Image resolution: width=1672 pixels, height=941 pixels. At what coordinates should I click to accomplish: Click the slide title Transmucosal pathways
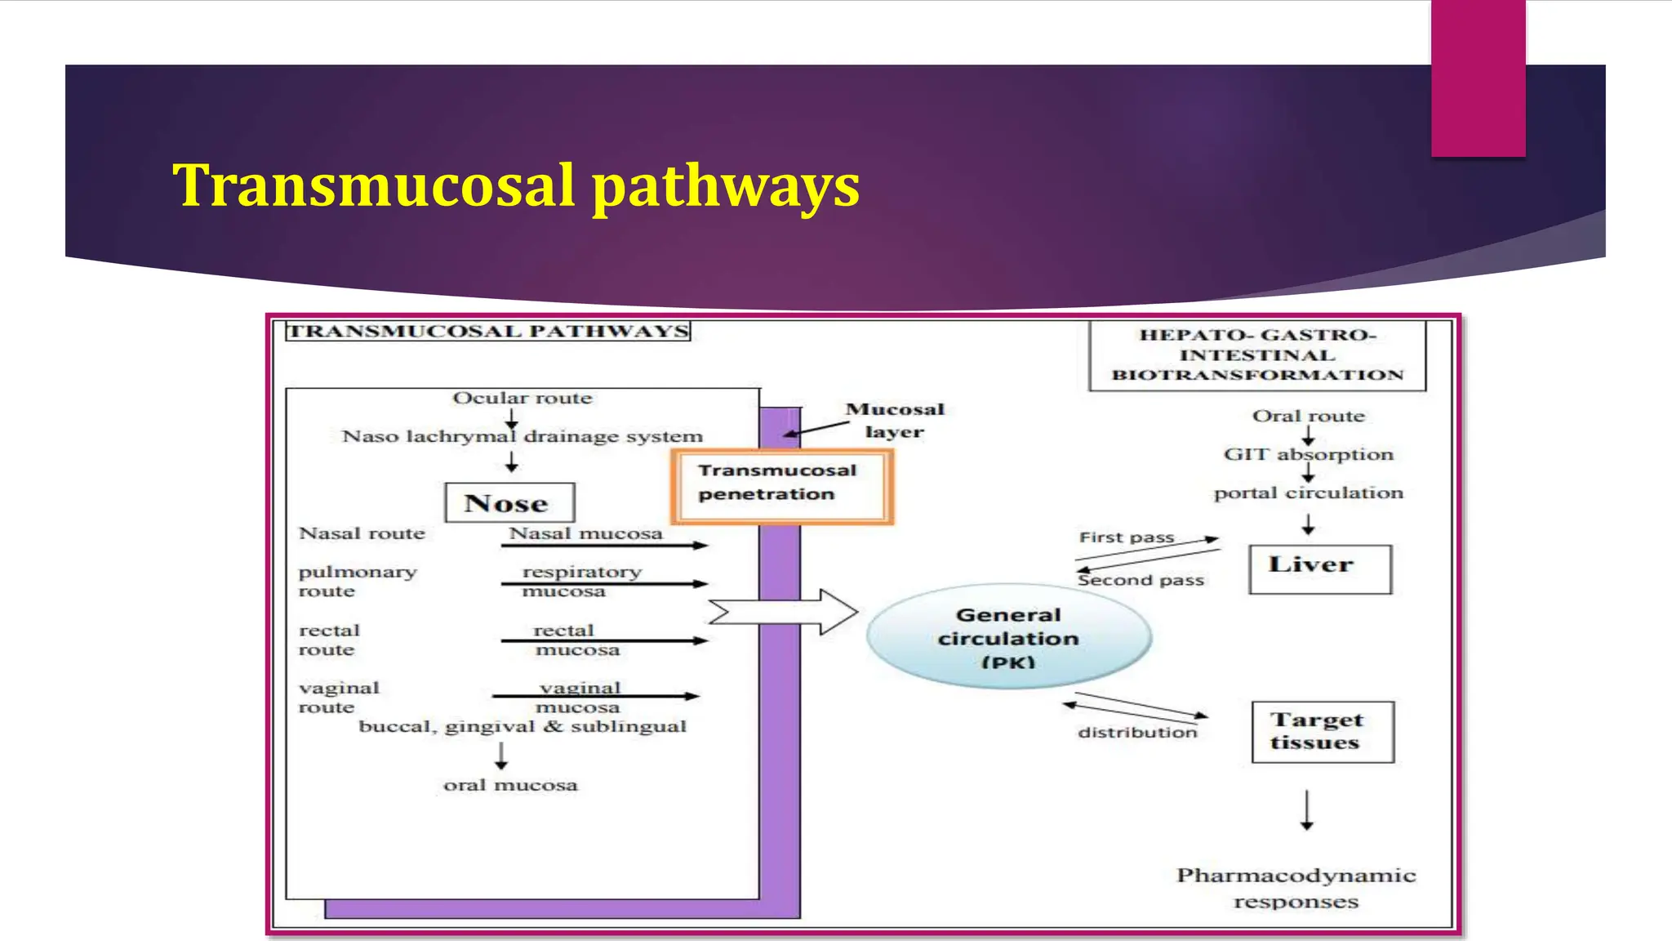[x=515, y=185]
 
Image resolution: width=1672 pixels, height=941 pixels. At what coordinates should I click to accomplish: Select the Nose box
[x=509, y=503]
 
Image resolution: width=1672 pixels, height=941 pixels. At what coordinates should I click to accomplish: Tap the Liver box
[x=1319, y=569]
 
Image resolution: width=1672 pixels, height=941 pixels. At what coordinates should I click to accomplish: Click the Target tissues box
[x=1322, y=732]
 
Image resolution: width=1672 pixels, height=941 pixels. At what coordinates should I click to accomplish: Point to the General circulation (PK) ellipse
[x=1008, y=637]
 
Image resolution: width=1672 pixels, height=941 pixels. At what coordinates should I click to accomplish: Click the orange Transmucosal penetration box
[x=781, y=486]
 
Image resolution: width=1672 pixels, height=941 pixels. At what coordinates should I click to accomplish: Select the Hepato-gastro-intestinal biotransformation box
[x=1257, y=355]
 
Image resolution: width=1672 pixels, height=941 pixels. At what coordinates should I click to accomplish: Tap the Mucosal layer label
[x=895, y=420]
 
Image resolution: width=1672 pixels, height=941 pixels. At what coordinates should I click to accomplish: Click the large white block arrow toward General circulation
[x=782, y=612]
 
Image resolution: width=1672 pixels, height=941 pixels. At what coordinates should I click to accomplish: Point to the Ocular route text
[x=522, y=398]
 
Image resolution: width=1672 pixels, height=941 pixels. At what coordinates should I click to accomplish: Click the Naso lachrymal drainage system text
[x=522, y=436]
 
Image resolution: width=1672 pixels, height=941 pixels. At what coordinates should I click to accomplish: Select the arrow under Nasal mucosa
[x=604, y=545]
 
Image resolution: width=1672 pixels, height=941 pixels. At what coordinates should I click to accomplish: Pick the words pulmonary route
[x=357, y=581]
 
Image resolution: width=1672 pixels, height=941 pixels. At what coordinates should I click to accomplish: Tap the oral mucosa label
[x=510, y=785]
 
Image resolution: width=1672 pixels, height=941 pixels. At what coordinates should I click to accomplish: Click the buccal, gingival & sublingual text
[x=522, y=726]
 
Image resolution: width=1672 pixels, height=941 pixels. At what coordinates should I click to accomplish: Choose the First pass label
[x=1127, y=537]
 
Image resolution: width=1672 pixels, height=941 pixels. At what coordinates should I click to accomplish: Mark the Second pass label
[x=1141, y=580]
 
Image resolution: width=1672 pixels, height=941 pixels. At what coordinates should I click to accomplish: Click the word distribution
[x=1137, y=732]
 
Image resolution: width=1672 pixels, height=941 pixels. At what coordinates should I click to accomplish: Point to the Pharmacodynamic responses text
[x=1296, y=888]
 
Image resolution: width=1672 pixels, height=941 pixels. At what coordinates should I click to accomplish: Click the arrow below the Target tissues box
[x=1306, y=809]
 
